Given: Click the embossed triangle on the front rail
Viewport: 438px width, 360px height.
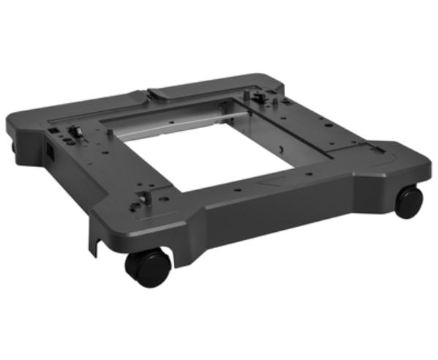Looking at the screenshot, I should point(273,181).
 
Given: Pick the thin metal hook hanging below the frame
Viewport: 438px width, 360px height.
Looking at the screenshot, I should point(94,240).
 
